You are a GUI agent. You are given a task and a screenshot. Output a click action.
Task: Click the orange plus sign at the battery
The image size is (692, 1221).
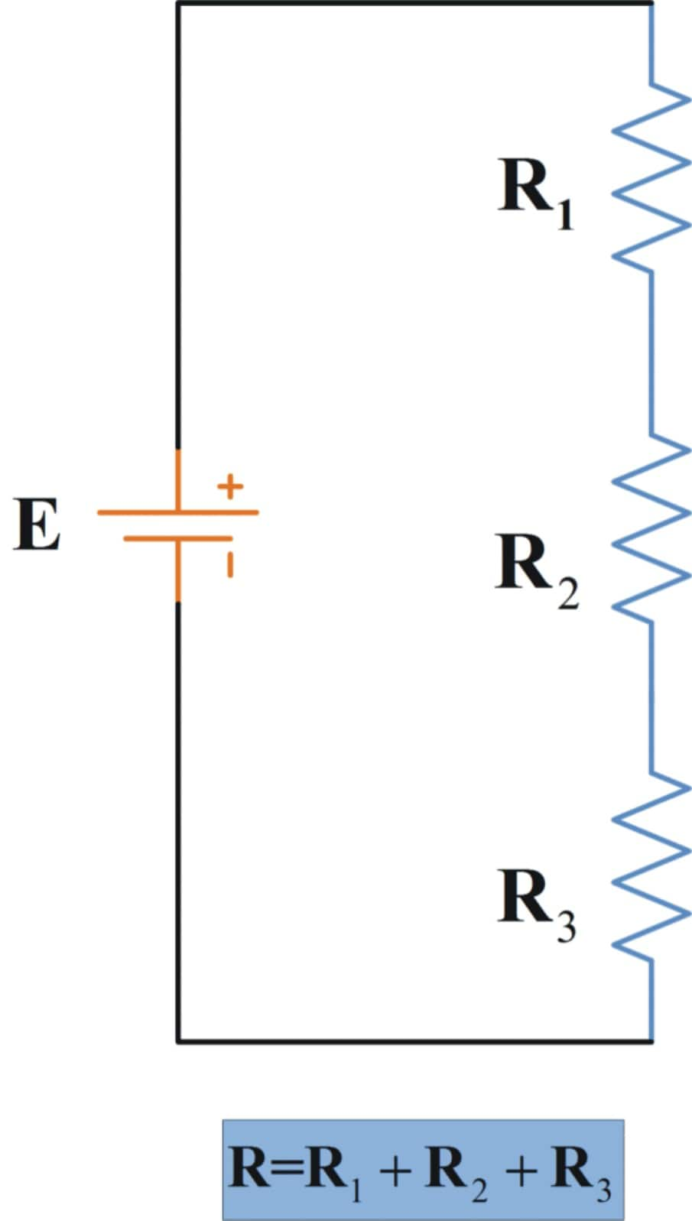click(x=230, y=485)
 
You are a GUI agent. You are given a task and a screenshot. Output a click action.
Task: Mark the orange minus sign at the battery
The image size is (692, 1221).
click(x=229, y=565)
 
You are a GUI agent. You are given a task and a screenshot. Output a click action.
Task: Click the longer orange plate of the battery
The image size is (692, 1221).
click(x=177, y=511)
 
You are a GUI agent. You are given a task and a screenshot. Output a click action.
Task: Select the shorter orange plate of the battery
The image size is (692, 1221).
click(x=177, y=538)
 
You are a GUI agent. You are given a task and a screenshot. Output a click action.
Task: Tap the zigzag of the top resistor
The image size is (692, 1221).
click(x=650, y=176)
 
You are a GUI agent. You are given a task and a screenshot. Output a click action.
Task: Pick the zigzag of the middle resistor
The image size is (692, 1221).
click(x=650, y=529)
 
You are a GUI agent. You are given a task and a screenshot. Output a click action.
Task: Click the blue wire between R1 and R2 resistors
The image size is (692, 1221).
click(x=651, y=352)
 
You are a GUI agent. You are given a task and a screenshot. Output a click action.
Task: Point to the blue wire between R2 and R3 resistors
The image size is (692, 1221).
click(x=651, y=700)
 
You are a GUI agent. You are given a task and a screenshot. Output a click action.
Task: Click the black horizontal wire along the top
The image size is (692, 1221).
click(x=413, y=3)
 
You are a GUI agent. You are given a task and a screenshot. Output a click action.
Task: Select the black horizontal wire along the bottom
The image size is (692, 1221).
click(x=413, y=1041)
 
